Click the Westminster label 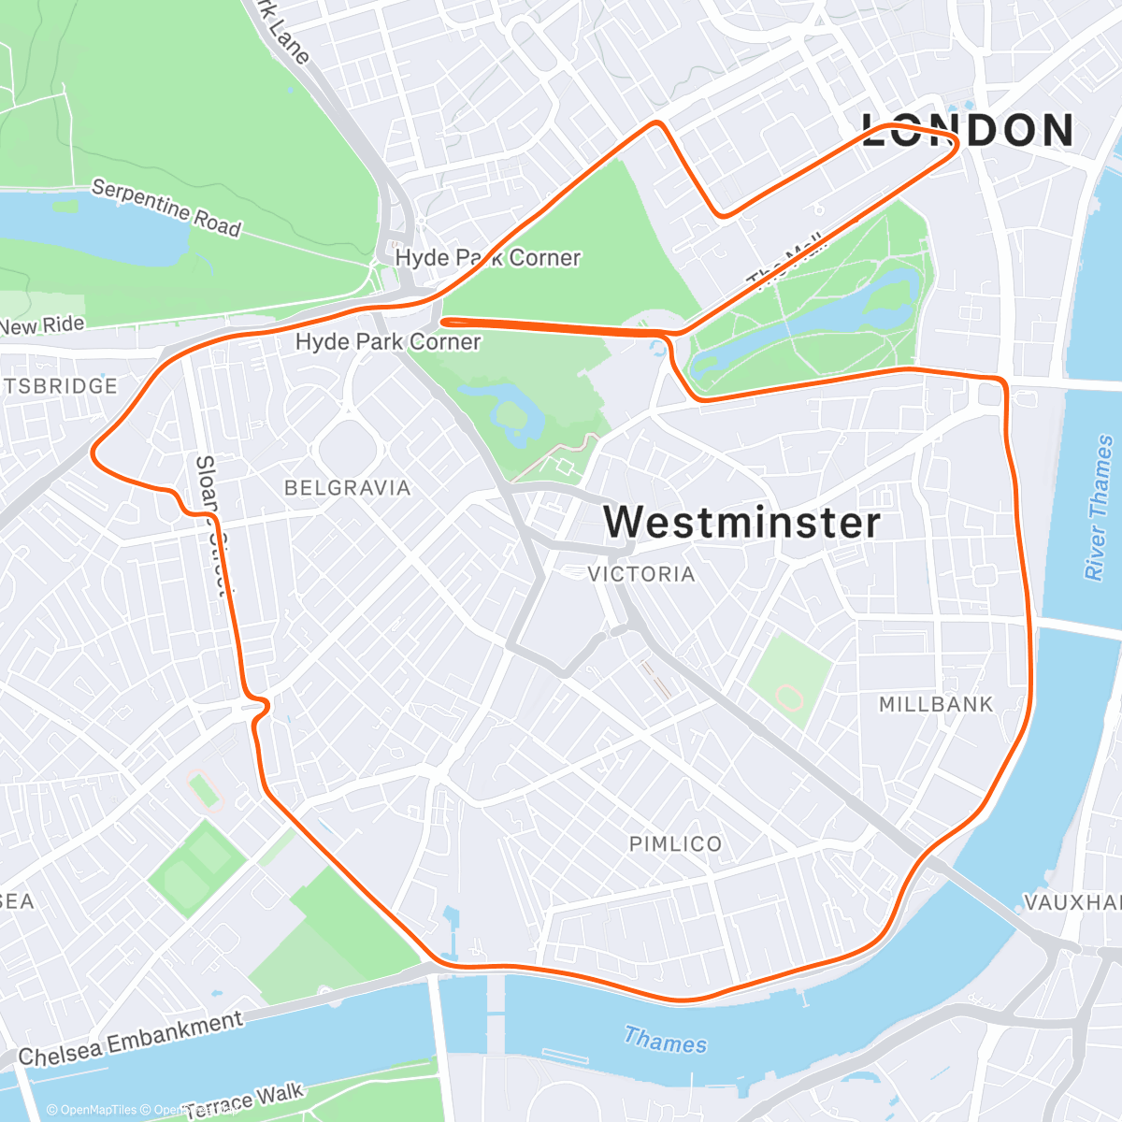pyautogui.click(x=741, y=522)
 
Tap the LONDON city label pyautogui.click(x=968, y=130)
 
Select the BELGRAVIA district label pyautogui.click(x=347, y=487)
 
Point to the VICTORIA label pyautogui.click(x=641, y=574)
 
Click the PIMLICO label pyautogui.click(x=675, y=844)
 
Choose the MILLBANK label pyautogui.click(x=936, y=704)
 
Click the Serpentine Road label pyautogui.click(x=166, y=208)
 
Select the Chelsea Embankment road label pyautogui.click(x=131, y=1039)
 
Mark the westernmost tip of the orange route pyautogui.click(x=92, y=453)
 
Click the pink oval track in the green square pyautogui.click(x=791, y=697)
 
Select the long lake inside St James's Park pyautogui.click(x=804, y=323)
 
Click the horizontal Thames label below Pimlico pyautogui.click(x=665, y=1040)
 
